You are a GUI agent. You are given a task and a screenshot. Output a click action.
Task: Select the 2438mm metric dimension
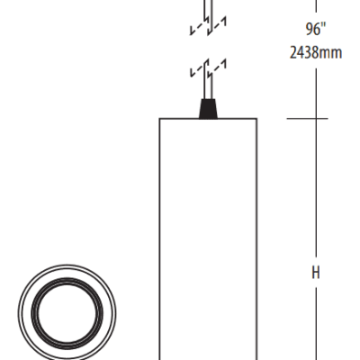315,52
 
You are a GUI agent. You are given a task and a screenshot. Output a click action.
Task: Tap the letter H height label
316,272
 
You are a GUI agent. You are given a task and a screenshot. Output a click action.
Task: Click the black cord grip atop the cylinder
207,109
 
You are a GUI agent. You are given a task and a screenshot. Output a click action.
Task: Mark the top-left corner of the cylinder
160,119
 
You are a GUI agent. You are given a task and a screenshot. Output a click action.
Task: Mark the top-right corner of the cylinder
256,119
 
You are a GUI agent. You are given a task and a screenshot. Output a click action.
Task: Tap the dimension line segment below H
315,324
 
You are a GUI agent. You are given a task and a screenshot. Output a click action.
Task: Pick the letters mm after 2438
332,52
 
